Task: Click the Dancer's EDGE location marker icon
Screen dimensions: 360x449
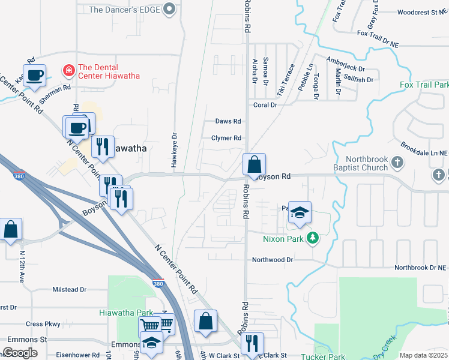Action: click(169, 9)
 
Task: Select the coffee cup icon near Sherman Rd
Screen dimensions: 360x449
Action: click(35, 75)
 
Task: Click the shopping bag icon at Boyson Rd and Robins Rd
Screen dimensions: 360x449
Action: click(254, 163)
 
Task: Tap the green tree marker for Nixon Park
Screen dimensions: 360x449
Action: click(312, 238)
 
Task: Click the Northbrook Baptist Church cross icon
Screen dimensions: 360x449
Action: click(396, 163)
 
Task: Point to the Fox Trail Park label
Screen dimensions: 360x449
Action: click(424, 85)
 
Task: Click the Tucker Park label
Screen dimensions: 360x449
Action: click(323, 357)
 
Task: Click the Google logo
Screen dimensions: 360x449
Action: click(20, 353)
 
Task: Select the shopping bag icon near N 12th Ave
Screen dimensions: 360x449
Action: click(11, 229)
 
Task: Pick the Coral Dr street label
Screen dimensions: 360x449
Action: click(265, 104)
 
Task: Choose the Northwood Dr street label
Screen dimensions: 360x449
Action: click(272, 260)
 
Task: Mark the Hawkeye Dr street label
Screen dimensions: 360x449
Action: click(175, 151)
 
